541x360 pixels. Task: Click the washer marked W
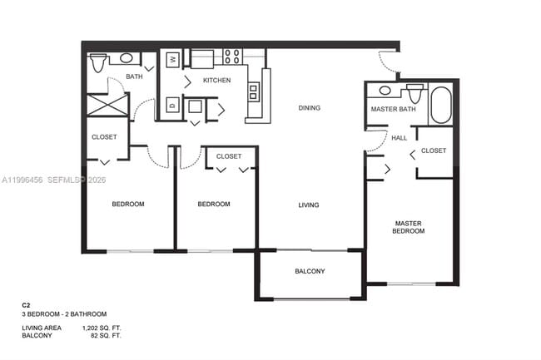click(172, 59)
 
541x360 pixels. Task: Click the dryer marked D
click(171, 106)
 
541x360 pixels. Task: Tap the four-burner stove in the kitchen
click(232, 57)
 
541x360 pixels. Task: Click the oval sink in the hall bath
click(127, 58)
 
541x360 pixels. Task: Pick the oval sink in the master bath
click(386, 90)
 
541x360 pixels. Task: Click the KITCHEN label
click(216, 80)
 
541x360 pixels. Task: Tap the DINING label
click(310, 108)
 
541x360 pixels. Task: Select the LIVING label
click(310, 205)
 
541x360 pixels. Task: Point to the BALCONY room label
click(310, 272)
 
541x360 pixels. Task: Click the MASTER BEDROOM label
click(409, 227)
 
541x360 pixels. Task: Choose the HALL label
click(400, 138)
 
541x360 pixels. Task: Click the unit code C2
click(26, 305)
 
